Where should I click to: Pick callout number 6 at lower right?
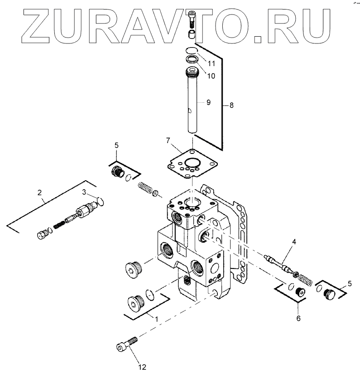coord(298,318)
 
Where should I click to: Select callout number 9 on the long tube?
coord(208,102)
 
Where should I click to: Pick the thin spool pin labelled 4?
coord(278,263)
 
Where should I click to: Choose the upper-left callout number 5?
coord(116,146)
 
